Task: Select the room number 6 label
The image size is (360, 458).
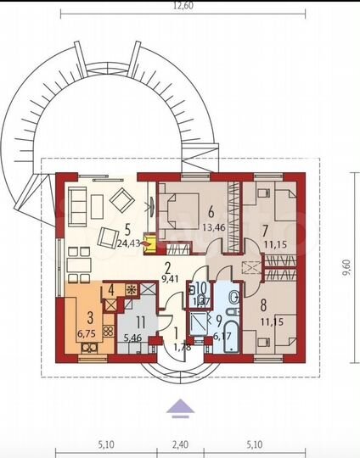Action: (x=209, y=212)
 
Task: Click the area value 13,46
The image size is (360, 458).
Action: (x=209, y=227)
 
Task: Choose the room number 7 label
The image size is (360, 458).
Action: (x=265, y=232)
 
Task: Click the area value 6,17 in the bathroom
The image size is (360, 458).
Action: (x=220, y=337)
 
